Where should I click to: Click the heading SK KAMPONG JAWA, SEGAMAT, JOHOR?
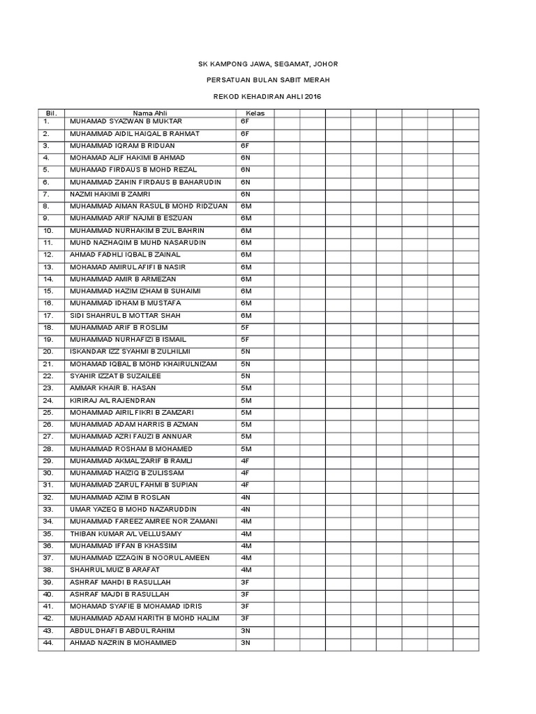(x=269, y=64)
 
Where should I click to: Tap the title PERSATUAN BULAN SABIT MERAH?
(x=269, y=80)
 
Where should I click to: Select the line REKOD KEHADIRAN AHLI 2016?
(x=269, y=96)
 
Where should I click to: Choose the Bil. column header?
(x=50, y=112)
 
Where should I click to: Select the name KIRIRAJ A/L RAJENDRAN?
(x=112, y=400)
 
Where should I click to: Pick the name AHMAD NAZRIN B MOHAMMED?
(x=123, y=642)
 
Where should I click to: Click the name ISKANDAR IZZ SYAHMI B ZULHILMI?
(x=130, y=351)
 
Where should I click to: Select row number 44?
(x=48, y=642)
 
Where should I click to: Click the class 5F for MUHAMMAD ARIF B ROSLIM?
(x=245, y=327)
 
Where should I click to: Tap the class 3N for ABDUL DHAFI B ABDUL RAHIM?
(x=245, y=630)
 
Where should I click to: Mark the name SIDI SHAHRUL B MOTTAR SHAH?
(x=119, y=315)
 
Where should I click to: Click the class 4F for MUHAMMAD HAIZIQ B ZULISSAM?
(x=245, y=473)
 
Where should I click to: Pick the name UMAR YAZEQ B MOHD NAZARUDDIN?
(x=133, y=509)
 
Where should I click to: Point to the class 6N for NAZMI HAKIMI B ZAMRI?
(x=245, y=194)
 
